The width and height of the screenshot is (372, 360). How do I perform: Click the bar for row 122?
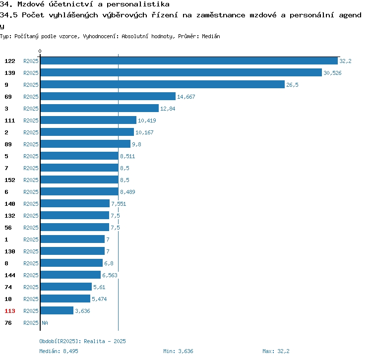pyautogui.click(x=188, y=61)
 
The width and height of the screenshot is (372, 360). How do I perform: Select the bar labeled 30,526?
pyautogui.click(x=181, y=73)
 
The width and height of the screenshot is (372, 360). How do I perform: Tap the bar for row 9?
pyautogui.click(x=162, y=85)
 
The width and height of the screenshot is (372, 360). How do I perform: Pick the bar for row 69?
pyautogui.click(x=108, y=97)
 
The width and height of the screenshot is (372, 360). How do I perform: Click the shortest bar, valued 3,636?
pyautogui.click(x=57, y=311)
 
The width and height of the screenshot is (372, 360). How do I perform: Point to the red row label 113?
pyautogui.click(x=10, y=311)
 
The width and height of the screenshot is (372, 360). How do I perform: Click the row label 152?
pyautogui.click(x=10, y=180)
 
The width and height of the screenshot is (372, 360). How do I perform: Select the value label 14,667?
pyautogui.click(x=186, y=97)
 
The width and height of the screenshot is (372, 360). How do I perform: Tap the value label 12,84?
pyautogui.click(x=168, y=109)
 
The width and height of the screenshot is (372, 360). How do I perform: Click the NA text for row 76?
pyautogui.click(x=45, y=323)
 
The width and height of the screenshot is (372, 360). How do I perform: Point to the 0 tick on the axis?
pyautogui.click(x=40, y=52)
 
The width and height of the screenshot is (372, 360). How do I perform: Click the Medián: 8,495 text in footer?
pyautogui.click(x=59, y=351)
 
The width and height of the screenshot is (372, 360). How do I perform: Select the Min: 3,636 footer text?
pyautogui.click(x=178, y=351)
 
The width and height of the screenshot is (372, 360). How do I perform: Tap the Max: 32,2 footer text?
pyautogui.click(x=276, y=351)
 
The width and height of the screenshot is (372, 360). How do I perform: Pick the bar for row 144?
pyautogui.click(x=70, y=275)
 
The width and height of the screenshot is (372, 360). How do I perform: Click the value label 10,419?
pyautogui.click(x=147, y=120)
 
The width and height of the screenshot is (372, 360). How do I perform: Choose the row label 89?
pyautogui.click(x=8, y=144)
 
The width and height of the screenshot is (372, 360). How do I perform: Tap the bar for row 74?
pyautogui.click(x=66, y=287)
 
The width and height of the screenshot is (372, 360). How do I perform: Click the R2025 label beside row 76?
pyautogui.click(x=31, y=323)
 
